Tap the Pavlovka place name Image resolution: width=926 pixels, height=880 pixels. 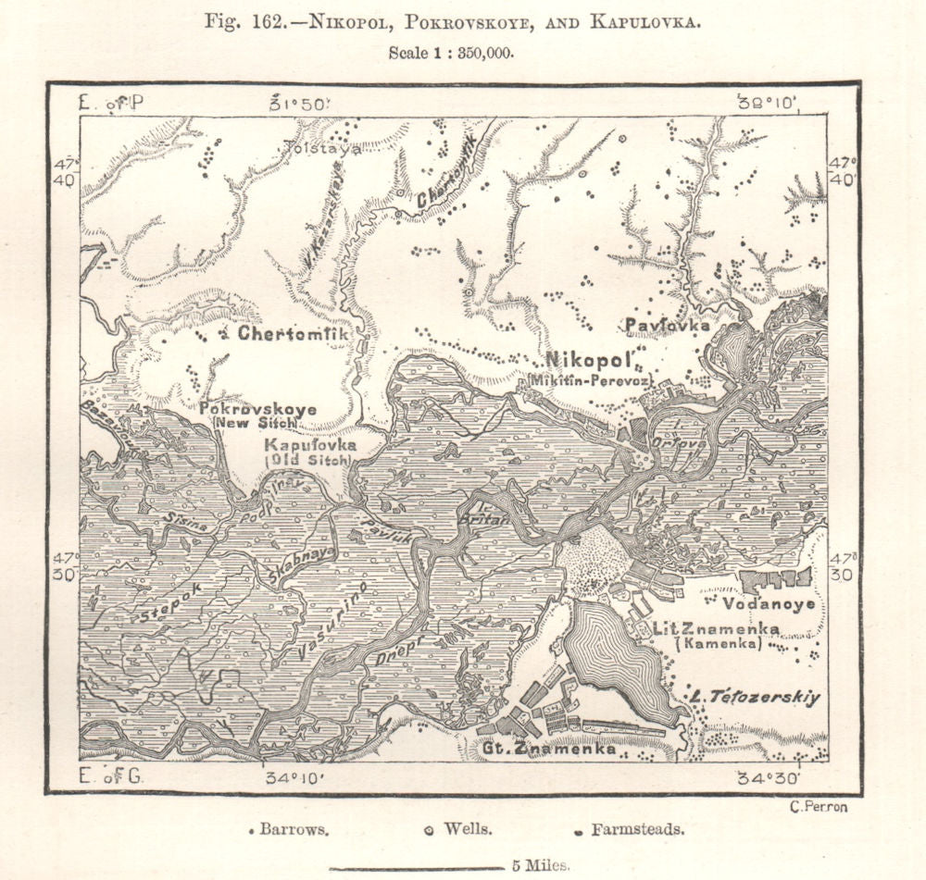pyautogui.click(x=667, y=326)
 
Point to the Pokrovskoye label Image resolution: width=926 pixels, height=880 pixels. pyautogui.click(x=258, y=409)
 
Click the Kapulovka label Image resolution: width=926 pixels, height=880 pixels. pyautogui.click(x=309, y=445)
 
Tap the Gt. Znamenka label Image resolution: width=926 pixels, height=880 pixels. pyautogui.click(x=546, y=750)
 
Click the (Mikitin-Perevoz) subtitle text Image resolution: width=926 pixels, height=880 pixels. pyautogui.click(x=591, y=380)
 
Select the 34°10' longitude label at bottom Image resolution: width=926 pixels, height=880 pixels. pyautogui.click(x=297, y=777)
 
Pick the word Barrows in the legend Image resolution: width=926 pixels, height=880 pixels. pyautogui.click(x=294, y=830)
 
